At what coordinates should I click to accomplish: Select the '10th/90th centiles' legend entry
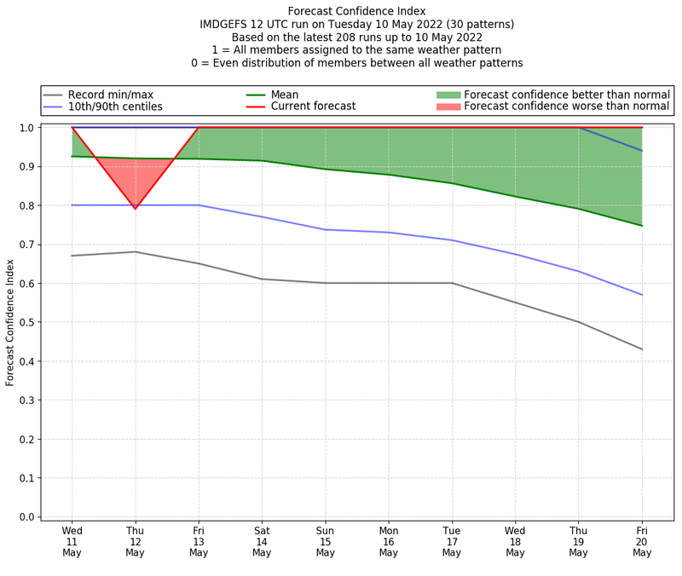click(115, 107)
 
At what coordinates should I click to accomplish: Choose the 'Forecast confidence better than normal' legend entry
click(567, 95)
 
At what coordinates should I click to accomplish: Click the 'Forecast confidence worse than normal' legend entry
click(567, 107)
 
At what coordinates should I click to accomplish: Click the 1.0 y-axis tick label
click(27, 128)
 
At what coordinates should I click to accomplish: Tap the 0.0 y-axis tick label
click(27, 517)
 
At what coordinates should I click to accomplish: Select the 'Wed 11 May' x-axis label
click(72, 540)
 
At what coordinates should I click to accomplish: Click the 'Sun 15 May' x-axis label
click(325, 540)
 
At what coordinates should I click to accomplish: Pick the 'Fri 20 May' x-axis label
click(641, 540)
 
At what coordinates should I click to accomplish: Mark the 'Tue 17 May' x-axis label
click(452, 540)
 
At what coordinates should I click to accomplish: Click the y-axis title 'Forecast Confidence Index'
click(11, 322)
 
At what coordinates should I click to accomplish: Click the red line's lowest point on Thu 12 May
click(136, 209)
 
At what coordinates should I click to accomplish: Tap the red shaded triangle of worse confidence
click(136, 175)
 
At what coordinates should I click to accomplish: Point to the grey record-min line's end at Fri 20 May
click(641, 349)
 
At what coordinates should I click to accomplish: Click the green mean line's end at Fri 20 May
click(641, 226)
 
